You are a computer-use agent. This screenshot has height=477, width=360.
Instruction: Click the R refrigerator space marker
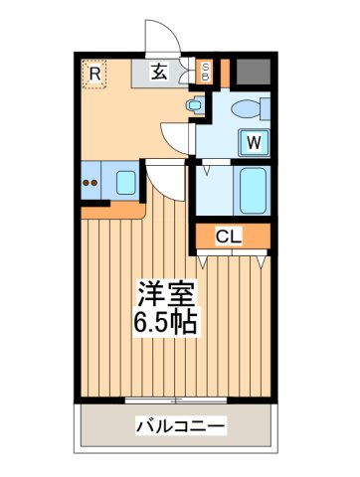click(94, 74)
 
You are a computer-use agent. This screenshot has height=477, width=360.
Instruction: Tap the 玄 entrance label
click(159, 73)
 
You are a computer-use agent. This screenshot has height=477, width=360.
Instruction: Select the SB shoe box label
click(206, 72)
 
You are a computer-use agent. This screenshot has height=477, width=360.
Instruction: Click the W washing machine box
click(255, 141)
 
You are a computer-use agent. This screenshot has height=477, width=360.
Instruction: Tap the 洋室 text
click(166, 294)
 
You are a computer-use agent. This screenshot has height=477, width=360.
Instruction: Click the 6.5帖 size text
click(166, 322)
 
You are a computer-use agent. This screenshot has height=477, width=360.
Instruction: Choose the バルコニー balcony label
click(180, 426)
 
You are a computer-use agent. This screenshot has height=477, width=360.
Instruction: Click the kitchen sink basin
click(126, 182)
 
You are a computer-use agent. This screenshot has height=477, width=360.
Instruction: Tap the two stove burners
click(91, 182)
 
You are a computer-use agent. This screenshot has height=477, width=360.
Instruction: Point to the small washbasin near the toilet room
click(195, 104)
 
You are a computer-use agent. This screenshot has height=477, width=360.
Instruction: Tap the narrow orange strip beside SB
click(224, 72)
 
